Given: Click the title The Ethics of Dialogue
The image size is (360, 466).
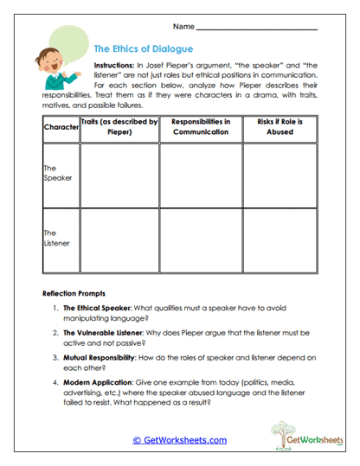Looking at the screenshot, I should [x=143, y=49].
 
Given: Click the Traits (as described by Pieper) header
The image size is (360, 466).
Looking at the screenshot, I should [x=119, y=127].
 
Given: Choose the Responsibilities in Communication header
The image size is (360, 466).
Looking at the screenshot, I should [x=201, y=127].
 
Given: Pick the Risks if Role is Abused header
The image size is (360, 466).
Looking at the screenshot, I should [x=280, y=127].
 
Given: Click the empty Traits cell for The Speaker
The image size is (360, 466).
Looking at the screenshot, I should [x=119, y=176].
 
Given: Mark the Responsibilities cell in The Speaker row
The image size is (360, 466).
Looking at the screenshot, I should [x=201, y=176].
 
